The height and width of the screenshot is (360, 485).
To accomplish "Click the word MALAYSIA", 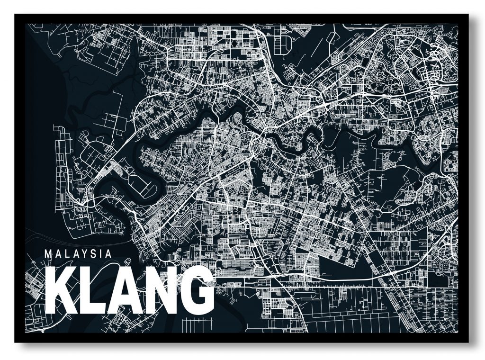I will tap(78, 253).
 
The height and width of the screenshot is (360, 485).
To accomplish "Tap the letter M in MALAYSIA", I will tap(48, 253).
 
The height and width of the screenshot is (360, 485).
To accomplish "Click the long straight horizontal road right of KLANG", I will tap(332, 288).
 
